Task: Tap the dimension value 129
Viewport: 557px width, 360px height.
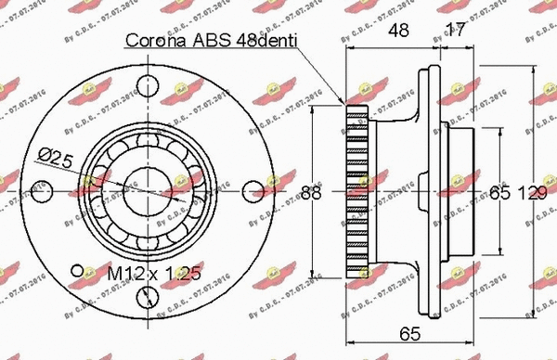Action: (x=531, y=193)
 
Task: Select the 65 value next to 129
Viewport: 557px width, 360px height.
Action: (x=500, y=193)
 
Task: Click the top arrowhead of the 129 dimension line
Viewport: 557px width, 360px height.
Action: (x=535, y=68)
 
